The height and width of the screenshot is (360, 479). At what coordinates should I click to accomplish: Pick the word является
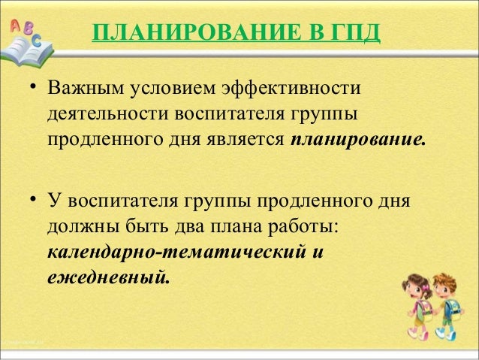(x=249, y=141)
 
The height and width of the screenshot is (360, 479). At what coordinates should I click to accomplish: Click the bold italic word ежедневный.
(x=109, y=277)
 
